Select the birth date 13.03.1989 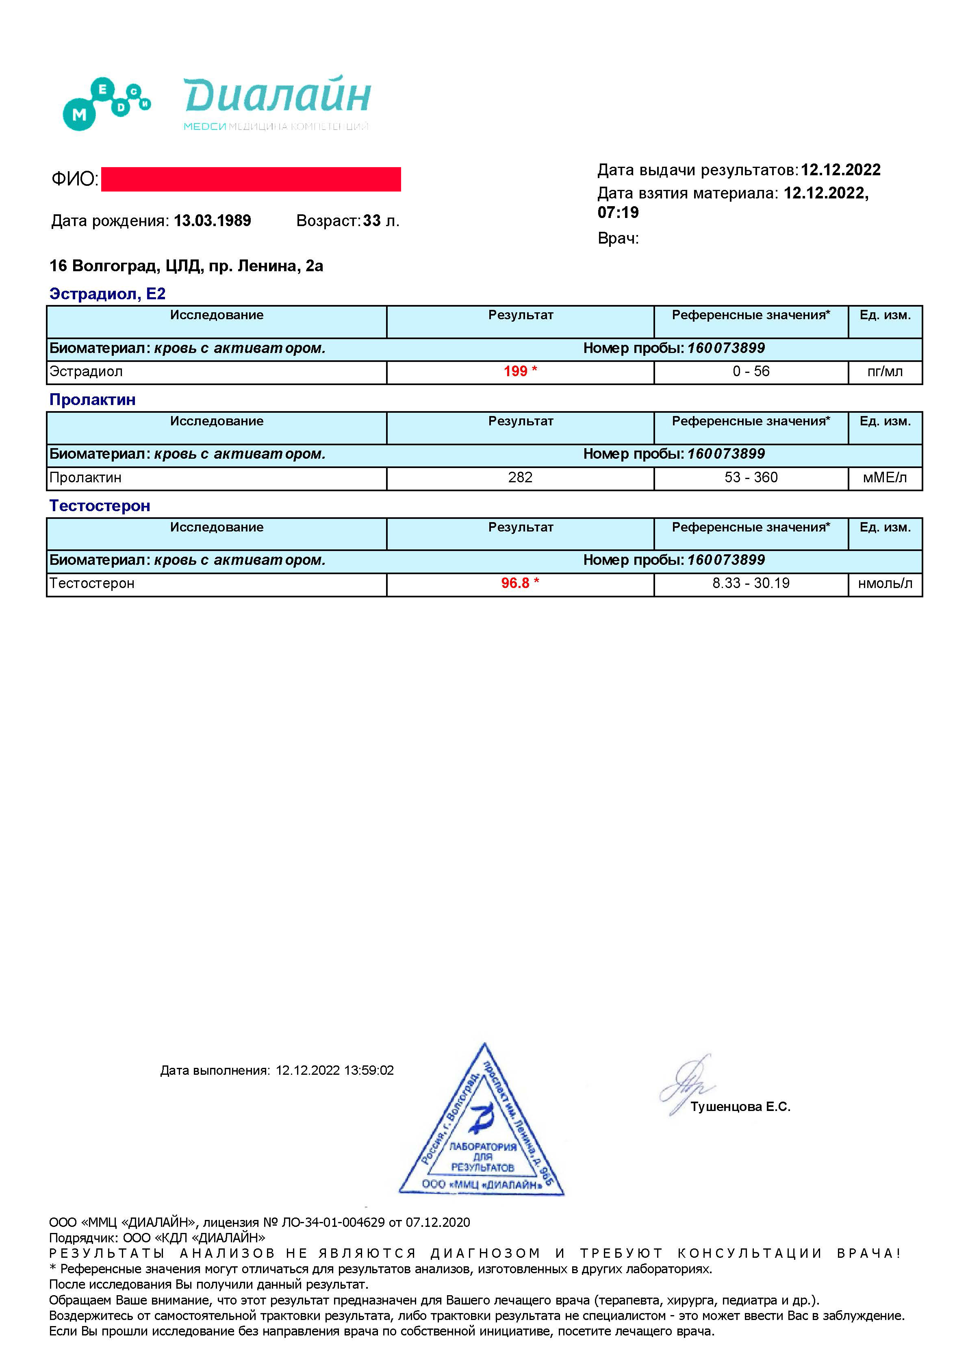(212, 221)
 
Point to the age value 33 (371, 221)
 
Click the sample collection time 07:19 (618, 212)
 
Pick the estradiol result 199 (515, 371)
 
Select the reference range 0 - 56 (751, 371)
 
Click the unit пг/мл (885, 372)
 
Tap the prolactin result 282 (520, 477)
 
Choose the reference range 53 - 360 (751, 477)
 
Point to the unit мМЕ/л (885, 477)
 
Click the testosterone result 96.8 (515, 583)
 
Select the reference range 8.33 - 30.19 (751, 583)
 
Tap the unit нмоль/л (885, 583)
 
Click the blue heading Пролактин (92, 400)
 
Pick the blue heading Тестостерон (100, 506)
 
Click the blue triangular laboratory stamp (482, 1134)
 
